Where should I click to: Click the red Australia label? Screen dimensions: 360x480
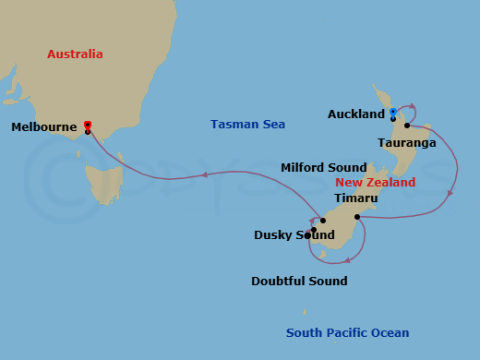[x=75, y=54]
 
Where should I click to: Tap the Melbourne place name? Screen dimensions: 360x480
[x=43, y=128]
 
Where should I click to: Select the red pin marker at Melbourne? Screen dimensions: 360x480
[x=87, y=125]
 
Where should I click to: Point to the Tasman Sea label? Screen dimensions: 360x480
[x=247, y=124]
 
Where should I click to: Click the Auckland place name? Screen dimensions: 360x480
[x=355, y=114]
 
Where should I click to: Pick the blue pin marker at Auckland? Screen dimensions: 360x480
[x=392, y=113]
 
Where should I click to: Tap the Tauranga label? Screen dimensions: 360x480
[x=406, y=143]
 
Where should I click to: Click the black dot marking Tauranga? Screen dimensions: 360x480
[x=406, y=126]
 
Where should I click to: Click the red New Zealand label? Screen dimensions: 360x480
[x=375, y=183]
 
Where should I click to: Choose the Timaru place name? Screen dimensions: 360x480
[x=355, y=198]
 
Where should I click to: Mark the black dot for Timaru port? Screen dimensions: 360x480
[x=356, y=217]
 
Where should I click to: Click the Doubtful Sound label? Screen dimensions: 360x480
[x=299, y=281]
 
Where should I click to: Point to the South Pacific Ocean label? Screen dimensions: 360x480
[x=347, y=333]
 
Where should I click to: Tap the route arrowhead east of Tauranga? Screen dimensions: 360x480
[x=450, y=192]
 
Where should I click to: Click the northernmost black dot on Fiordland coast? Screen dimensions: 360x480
[x=322, y=221]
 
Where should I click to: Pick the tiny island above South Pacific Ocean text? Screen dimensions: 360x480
[x=304, y=313]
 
